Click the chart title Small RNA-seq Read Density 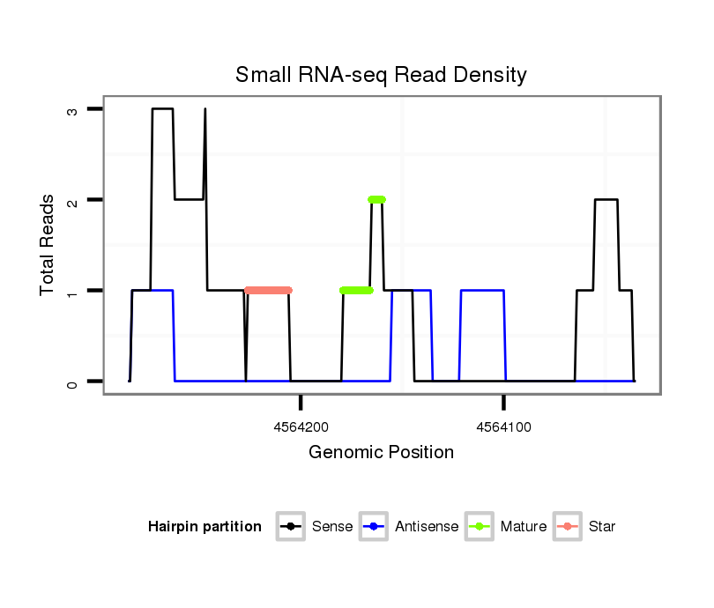[x=381, y=75]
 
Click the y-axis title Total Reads [x=48, y=245]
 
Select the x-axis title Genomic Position [x=381, y=453]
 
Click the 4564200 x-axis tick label [x=301, y=426]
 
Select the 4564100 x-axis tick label [x=503, y=426]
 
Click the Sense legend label [x=332, y=527]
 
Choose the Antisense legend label [x=427, y=527]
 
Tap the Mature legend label [x=523, y=527]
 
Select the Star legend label [x=602, y=527]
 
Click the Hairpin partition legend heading [x=205, y=527]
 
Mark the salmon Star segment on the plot [x=268, y=290]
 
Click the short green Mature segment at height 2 [x=376, y=199]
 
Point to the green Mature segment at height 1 [x=356, y=290]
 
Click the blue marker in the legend [x=375, y=527]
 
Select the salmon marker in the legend [x=568, y=527]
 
